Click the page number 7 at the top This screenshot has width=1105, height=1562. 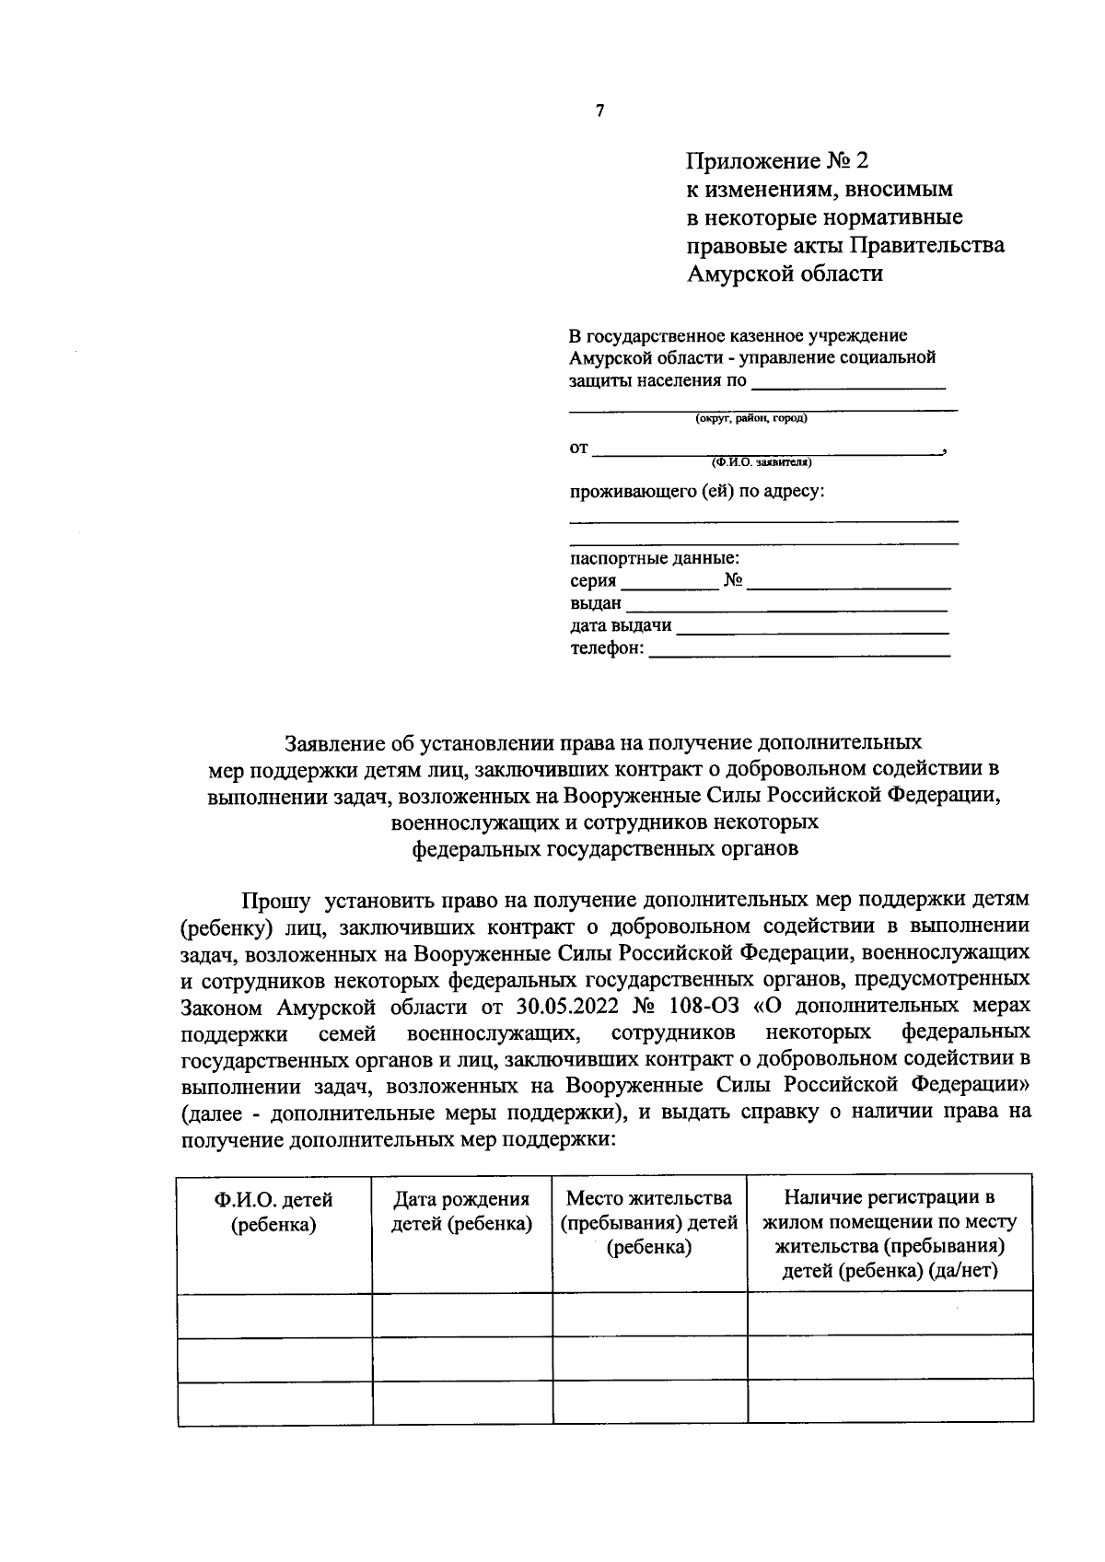coord(600,111)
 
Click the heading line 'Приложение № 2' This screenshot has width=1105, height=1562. coord(776,161)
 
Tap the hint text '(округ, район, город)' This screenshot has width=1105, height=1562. coord(750,418)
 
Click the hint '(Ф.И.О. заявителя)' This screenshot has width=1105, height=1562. coord(761,461)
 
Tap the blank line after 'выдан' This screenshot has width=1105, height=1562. coord(786,608)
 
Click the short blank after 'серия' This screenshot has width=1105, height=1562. coord(669,585)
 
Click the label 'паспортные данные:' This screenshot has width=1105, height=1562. coord(654,558)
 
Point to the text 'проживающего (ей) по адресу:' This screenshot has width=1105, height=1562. coord(696,491)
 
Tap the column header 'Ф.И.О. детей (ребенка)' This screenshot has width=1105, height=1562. coord(273,1212)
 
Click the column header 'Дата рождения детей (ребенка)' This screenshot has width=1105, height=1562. coord(461,1212)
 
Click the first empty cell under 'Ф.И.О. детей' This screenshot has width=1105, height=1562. coord(273,1314)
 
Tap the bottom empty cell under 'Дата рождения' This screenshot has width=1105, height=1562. coord(461,1403)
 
